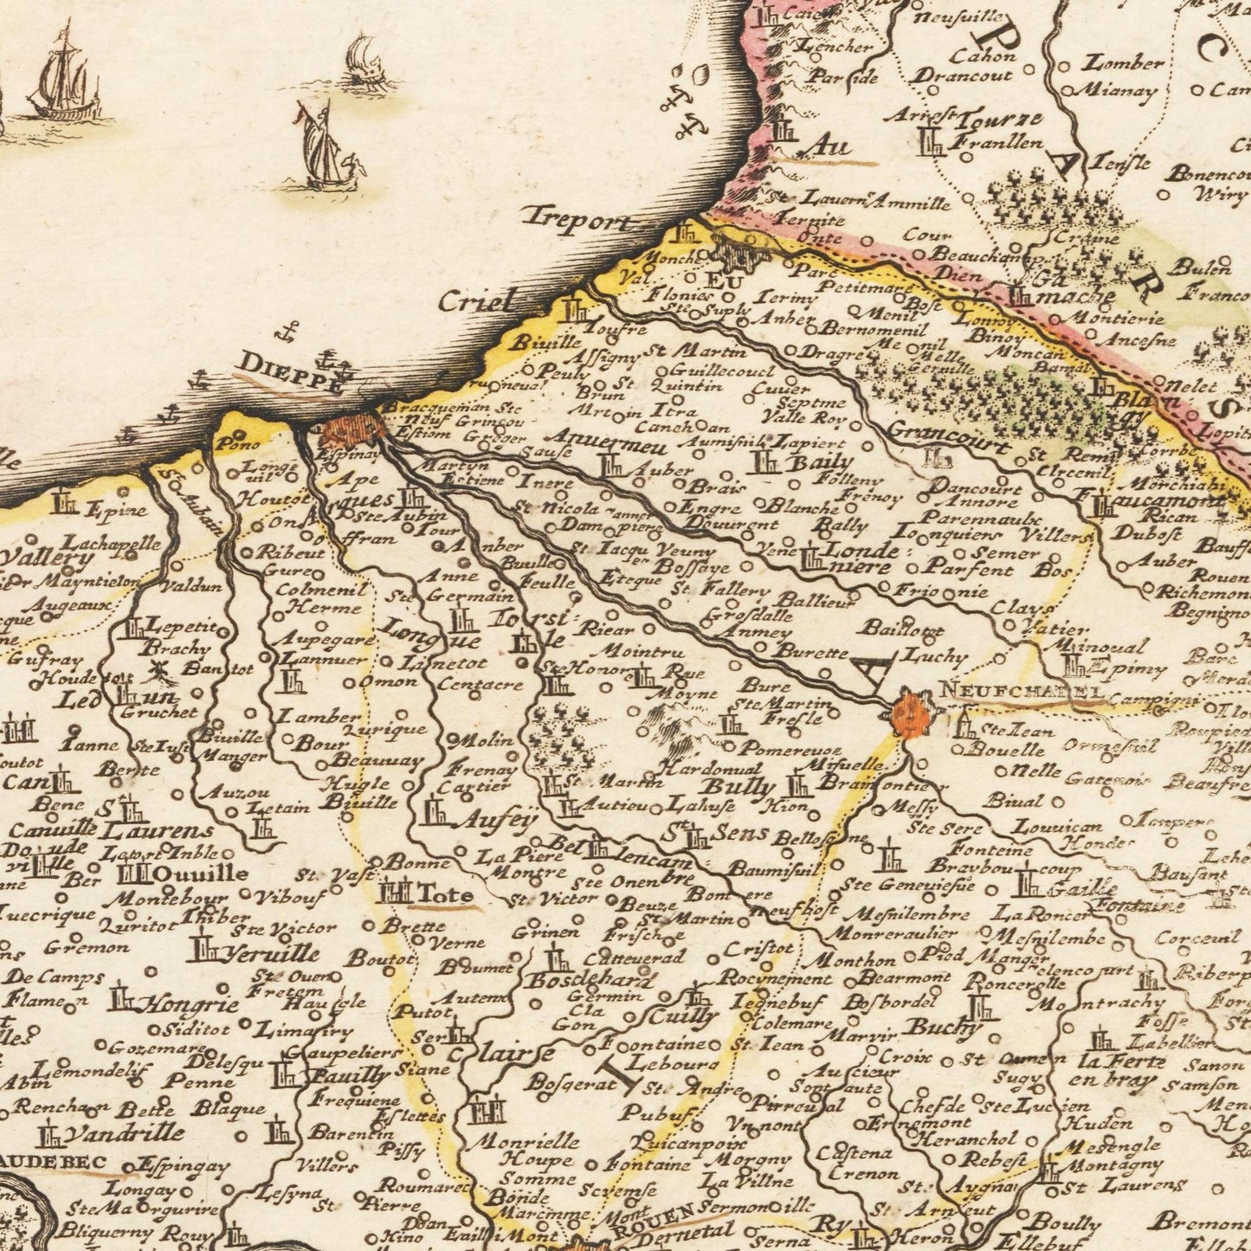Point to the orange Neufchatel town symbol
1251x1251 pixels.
pyautogui.click(x=907, y=713)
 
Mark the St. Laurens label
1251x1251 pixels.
pyautogui.click(x=156, y=829)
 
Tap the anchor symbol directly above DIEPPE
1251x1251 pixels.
pyautogui.click(x=290, y=331)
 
